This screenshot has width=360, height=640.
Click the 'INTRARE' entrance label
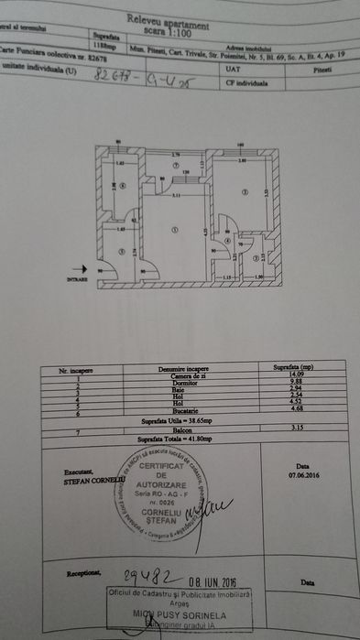[76, 280]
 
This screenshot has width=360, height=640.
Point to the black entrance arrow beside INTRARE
[80, 270]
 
